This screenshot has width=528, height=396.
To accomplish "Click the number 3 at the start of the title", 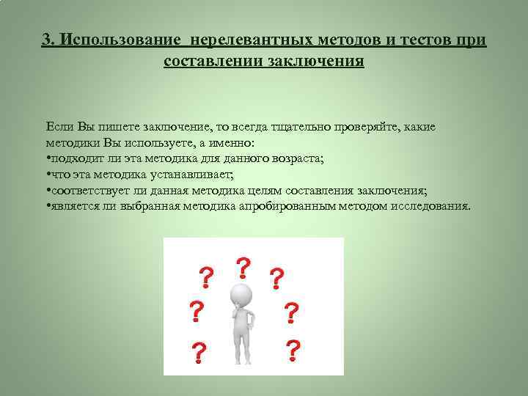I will click(x=46, y=39).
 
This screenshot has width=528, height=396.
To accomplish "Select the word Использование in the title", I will click(x=115, y=39).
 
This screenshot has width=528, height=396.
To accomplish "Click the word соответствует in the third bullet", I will click(x=89, y=190).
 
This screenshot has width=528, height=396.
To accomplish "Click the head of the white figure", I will click(x=241, y=295).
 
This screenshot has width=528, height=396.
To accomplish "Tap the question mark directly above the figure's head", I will click(x=241, y=268).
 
